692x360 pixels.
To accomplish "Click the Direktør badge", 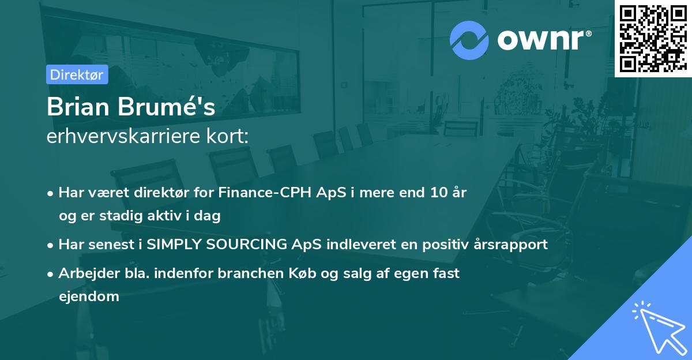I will (x=77, y=74).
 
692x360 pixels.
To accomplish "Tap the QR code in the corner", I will (x=652, y=38).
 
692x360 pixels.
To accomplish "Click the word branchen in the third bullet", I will (x=254, y=273).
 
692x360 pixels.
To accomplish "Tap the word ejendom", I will (x=89, y=297).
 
